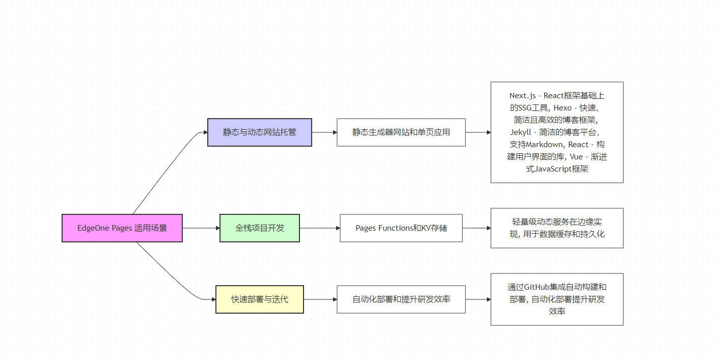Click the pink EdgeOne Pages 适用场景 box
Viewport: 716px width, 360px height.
(x=122, y=228)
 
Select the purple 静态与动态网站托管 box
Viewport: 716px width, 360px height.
(x=260, y=132)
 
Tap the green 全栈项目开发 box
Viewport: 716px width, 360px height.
(x=260, y=228)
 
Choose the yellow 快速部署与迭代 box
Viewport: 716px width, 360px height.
(x=260, y=299)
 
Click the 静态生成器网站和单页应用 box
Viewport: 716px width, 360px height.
(x=401, y=132)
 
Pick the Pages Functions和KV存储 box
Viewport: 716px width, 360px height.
(x=401, y=228)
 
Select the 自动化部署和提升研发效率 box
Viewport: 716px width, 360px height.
(x=401, y=299)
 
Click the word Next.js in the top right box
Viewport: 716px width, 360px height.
(x=522, y=96)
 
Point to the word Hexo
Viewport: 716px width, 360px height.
(x=563, y=108)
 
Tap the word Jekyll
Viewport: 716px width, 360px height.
(x=520, y=132)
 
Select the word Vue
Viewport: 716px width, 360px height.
(x=576, y=157)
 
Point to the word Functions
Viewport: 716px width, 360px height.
(x=395, y=228)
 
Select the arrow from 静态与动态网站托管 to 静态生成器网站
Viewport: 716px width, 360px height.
(x=324, y=132)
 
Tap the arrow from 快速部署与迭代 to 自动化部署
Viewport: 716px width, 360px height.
(x=320, y=299)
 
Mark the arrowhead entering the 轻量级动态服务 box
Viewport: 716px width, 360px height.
(x=489, y=228)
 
